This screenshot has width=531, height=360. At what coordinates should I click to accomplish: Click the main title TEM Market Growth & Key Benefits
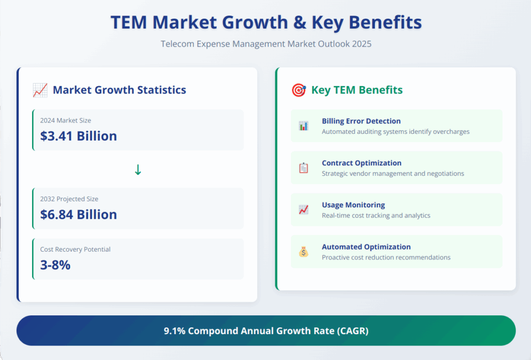(265, 22)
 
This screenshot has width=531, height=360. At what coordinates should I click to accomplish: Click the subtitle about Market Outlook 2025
(265, 44)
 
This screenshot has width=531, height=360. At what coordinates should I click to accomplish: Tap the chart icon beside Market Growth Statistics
(40, 90)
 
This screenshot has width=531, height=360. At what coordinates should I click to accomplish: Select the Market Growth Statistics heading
(119, 90)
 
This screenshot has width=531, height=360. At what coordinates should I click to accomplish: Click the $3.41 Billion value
(78, 136)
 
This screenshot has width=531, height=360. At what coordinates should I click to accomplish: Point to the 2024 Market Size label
(65, 120)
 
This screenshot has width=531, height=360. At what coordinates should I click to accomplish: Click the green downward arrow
(137, 170)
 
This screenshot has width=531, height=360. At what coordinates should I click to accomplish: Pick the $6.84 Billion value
(78, 214)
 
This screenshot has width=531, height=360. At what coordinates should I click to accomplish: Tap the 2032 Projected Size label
(69, 199)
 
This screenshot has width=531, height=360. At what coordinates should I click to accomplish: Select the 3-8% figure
(55, 265)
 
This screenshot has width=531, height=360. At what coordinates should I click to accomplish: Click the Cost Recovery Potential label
(75, 250)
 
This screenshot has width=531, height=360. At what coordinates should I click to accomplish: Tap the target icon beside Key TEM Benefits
(299, 90)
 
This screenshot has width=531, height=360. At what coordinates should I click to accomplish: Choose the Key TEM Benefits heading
(357, 90)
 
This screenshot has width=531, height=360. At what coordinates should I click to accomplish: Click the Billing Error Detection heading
(361, 121)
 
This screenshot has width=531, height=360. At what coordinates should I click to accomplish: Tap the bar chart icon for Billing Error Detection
(303, 126)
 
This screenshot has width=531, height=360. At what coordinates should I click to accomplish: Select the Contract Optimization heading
(361, 163)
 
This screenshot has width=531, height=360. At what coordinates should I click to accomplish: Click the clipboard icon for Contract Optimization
(303, 168)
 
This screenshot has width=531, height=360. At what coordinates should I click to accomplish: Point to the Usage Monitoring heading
(353, 205)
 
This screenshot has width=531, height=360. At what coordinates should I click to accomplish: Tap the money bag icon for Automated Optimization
(303, 252)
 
